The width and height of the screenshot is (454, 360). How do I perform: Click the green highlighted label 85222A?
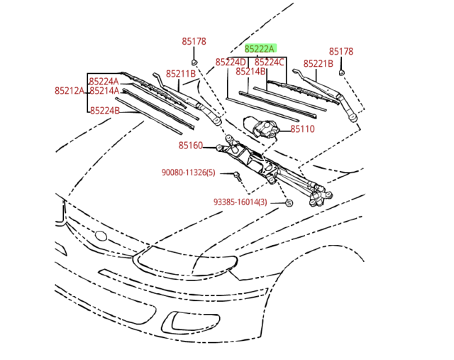click(x=260, y=49)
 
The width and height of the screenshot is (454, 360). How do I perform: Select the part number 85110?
click(x=302, y=129)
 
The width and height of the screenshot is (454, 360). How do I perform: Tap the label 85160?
click(x=191, y=146)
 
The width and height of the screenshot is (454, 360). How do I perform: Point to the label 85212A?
click(x=69, y=91)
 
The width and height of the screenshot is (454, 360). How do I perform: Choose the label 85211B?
click(x=180, y=74)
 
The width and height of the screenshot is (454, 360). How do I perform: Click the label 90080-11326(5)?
click(x=188, y=173)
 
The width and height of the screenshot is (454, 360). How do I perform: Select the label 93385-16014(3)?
click(x=240, y=202)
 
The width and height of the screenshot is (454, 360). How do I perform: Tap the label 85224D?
click(x=231, y=62)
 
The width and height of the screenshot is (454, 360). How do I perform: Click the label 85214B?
click(x=250, y=72)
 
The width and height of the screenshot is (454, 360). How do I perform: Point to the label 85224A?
click(x=104, y=82)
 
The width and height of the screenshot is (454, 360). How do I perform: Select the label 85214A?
click(x=104, y=91)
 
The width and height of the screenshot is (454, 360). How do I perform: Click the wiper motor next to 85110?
click(x=263, y=128)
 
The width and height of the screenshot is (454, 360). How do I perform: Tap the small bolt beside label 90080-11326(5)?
click(x=236, y=174)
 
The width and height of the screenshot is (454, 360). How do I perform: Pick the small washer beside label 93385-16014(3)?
click(x=289, y=203)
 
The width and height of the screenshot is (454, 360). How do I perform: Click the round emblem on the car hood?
click(x=101, y=236)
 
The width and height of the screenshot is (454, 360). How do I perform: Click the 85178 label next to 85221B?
click(x=340, y=52)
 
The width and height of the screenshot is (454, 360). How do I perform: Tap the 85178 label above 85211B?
click(x=194, y=42)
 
